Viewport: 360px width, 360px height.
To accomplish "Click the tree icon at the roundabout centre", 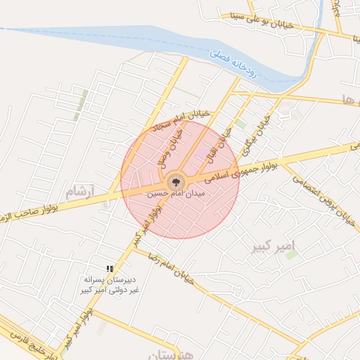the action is point(176,181).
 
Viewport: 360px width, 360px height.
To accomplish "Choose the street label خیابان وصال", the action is point(172,146).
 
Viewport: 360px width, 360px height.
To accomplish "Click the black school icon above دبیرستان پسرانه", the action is point(109,269).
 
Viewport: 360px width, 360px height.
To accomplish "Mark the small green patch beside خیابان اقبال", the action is point(240,124).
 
